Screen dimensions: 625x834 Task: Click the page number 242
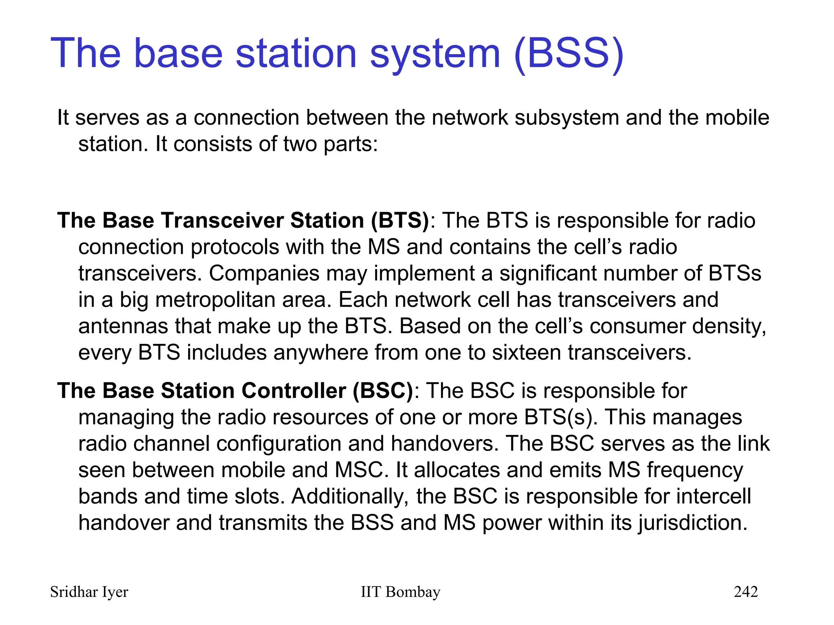click(745, 592)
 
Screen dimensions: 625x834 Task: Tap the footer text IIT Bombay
click(400, 592)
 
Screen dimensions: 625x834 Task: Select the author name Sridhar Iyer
click(89, 592)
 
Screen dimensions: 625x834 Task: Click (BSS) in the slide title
click(568, 54)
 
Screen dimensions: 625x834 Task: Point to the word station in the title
click(296, 54)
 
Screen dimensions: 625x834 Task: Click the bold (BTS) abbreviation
click(399, 221)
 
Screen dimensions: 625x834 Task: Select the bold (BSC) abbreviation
click(383, 391)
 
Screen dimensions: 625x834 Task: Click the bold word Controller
click(293, 391)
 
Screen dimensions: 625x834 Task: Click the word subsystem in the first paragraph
click(566, 118)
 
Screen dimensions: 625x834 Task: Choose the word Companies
click(264, 273)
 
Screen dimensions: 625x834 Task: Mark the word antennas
click(123, 326)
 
